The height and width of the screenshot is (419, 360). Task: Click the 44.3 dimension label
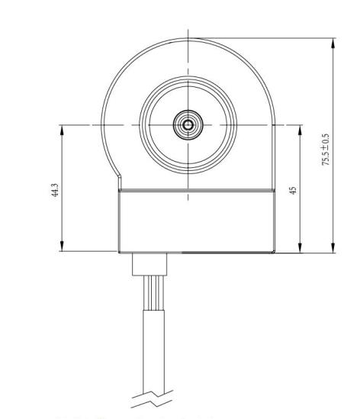(x=54, y=190)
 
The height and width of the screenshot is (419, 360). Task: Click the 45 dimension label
(x=293, y=190)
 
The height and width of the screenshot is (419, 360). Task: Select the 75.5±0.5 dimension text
(x=326, y=150)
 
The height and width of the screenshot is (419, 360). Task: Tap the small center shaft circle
(x=188, y=125)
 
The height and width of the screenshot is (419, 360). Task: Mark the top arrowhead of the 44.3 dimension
(x=62, y=131)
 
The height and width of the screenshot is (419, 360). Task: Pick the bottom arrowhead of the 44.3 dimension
(x=62, y=246)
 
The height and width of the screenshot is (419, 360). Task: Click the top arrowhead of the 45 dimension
(x=300, y=131)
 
